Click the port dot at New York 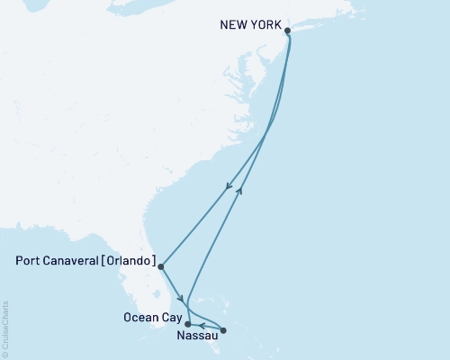pos(288,31)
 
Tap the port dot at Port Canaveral pos(160,265)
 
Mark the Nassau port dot pos(223,330)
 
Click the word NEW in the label pos(233,25)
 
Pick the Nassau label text pos(196,337)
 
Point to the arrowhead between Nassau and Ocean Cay pos(202,325)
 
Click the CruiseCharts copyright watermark pos(5,329)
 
